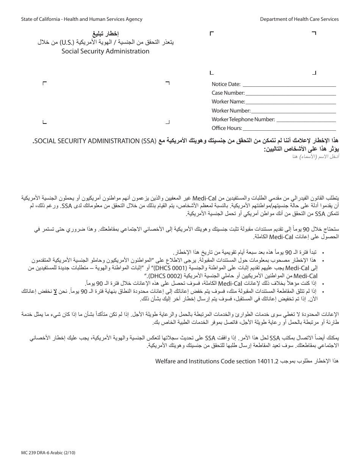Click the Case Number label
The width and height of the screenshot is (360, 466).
[228, 93]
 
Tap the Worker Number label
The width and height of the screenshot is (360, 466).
[231, 111]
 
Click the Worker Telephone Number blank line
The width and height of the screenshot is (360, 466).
[306, 120]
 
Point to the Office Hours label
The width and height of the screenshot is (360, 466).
[227, 128]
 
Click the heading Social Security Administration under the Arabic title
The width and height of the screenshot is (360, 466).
[105, 51]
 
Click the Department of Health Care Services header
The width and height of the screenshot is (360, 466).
[299, 19]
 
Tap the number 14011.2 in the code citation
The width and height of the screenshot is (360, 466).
[268, 361]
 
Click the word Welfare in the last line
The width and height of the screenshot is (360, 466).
[166, 361]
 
